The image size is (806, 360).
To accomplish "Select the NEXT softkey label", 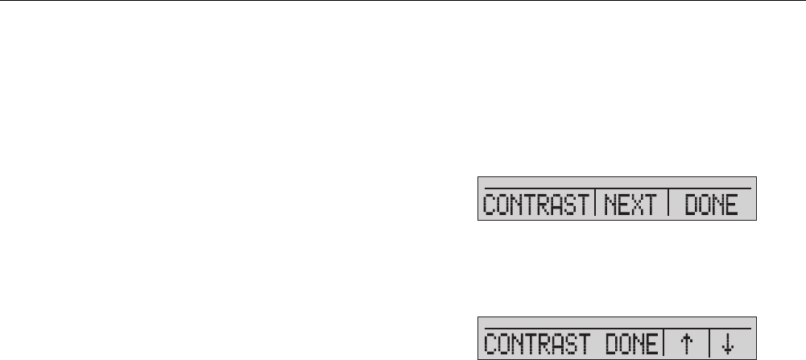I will [631, 207].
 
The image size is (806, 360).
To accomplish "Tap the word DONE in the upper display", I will [711, 207].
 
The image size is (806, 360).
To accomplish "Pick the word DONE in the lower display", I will [632, 345].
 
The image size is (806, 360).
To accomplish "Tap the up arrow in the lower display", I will [686, 345].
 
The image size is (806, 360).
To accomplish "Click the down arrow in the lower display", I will [728, 345].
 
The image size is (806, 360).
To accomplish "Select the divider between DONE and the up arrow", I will [664, 344].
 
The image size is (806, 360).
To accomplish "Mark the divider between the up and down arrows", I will [709, 344].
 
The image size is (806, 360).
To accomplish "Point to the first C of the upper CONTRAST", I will [488, 207].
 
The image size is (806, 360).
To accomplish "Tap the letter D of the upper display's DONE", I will [690, 207].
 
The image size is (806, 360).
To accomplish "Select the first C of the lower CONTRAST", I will [488, 345].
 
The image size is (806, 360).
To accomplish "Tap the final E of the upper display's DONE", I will [731, 207].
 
